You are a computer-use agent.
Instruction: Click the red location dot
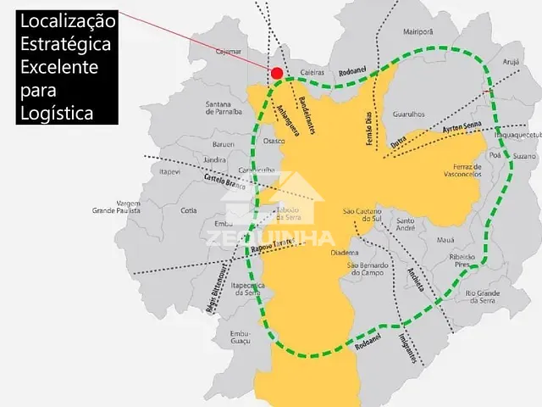[x=276, y=73]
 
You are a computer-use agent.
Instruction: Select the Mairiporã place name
[x=418, y=31]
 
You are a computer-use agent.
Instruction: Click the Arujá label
[x=511, y=62]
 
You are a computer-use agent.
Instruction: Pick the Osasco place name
[x=274, y=141]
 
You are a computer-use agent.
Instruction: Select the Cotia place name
[x=189, y=211]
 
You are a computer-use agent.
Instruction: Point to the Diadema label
[x=345, y=253]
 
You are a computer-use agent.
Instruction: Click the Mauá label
[x=446, y=240]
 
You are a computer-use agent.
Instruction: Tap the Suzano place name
[x=525, y=157]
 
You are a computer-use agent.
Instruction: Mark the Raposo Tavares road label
[x=272, y=244]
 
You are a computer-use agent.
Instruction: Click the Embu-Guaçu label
[x=241, y=338]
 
